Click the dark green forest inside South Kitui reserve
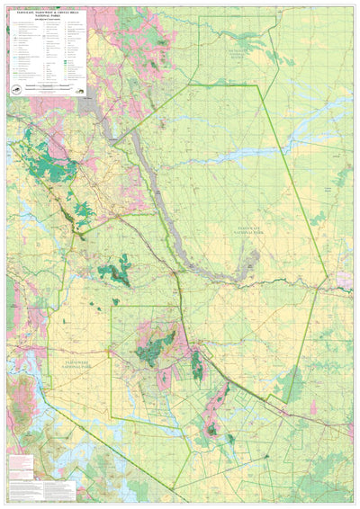pos(241,40)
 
